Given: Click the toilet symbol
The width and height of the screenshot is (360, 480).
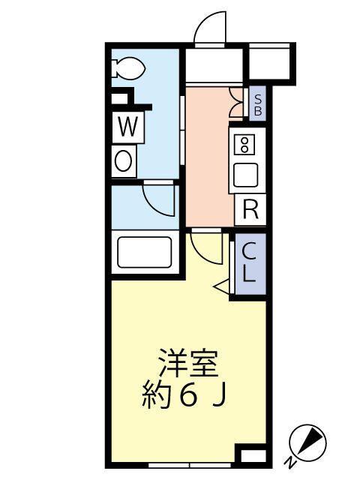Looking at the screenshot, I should pos(129,68).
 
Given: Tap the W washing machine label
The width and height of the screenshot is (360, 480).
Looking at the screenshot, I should pos(127,127).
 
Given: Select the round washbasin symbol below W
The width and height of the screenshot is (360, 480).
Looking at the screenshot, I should pos(124,160).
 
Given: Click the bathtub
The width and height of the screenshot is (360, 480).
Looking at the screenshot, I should pos(145,253).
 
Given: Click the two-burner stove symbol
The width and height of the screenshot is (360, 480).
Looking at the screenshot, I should pos(245,145).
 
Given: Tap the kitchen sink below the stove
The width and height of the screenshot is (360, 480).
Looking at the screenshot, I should pos(245,175).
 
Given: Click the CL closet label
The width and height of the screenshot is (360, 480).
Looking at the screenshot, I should pos(249,263).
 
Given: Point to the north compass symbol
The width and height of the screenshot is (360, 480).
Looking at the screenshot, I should pos(309,442).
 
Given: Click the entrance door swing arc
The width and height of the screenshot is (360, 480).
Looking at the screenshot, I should pos(210,30).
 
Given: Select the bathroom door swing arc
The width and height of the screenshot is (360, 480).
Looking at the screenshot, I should pos(159,199).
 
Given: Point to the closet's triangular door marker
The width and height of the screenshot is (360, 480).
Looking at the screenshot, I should pos(223,286).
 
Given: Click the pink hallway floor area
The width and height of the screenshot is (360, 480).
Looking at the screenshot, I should pos(206,157).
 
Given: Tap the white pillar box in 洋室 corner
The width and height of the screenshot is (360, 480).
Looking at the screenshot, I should pos(251,454).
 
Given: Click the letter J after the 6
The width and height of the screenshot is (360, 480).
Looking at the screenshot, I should pos(217,395).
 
